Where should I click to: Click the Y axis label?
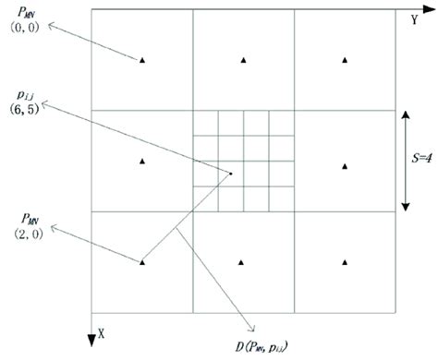pyautogui.click(x=416, y=18)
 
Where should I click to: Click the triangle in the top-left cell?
pyautogui.click(x=142, y=61)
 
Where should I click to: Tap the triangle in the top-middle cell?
pyautogui.click(x=243, y=61)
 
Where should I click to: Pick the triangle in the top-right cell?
pyautogui.click(x=344, y=61)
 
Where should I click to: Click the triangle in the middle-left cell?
pyautogui.click(x=142, y=162)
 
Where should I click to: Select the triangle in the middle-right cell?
pyautogui.click(x=344, y=167)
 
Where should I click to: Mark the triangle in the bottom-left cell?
pyautogui.click(x=142, y=262)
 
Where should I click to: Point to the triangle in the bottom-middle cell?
pyautogui.click(x=243, y=262)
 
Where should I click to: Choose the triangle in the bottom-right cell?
pyautogui.click(x=344, y=262)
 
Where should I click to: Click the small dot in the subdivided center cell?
pyautogui.click(x=230, y=173)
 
